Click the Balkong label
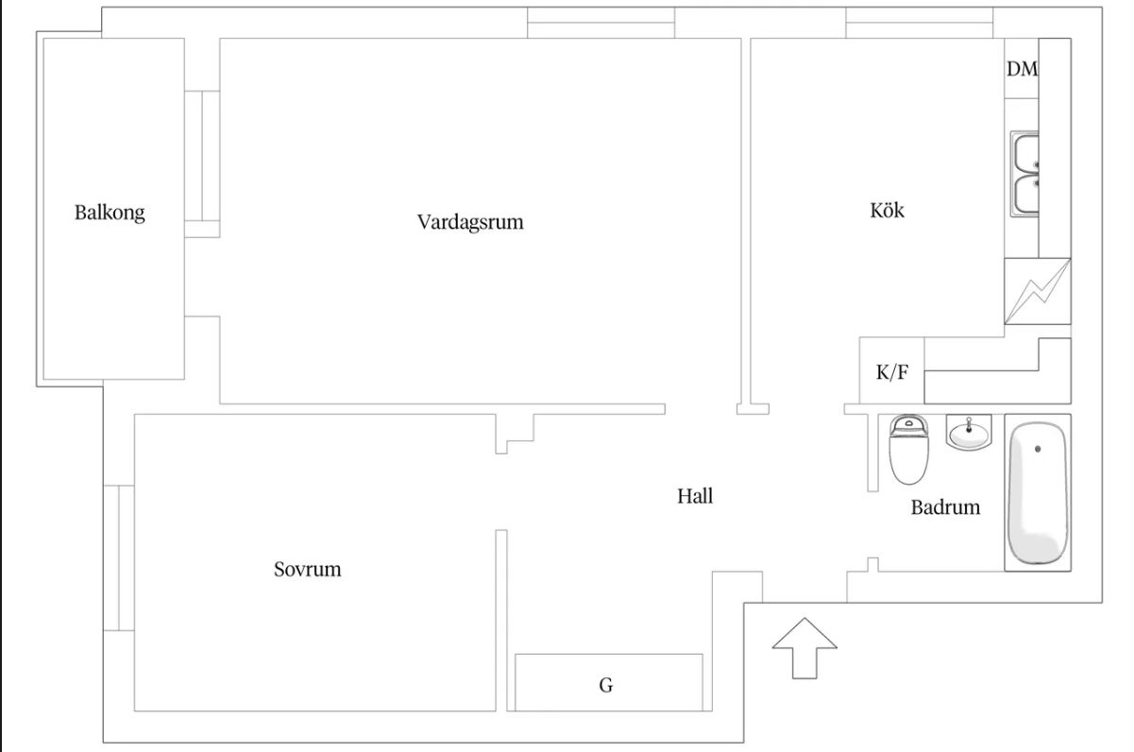tap(110, 213)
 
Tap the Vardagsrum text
tap(470, 223)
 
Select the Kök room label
tap(887, 210)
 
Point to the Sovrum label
tap(307, 570)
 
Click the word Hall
tap(694, 496)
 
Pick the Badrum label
tap(945, 507)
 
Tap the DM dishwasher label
tap(1022, 69)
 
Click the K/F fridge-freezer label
tap(891, 372)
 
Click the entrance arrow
tap(804, 647)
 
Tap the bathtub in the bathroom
tap(1038, 492)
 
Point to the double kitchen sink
tap(1025, 173)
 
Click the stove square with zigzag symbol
tap(1038, 292)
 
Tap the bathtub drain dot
tap(1038, 449)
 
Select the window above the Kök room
tap(919, 23)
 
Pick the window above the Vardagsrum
tap(601, 23)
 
